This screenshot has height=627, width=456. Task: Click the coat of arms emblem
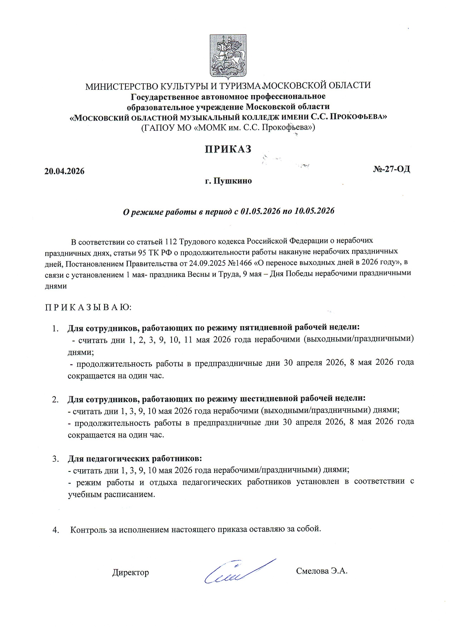[228, 57]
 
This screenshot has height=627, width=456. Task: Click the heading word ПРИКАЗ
[228, 149]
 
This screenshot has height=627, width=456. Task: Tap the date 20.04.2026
[64, 171]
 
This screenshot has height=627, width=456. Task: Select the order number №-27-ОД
[392, 169]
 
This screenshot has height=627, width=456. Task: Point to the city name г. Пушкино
[228, 181]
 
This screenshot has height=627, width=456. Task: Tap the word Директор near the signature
[131, 572]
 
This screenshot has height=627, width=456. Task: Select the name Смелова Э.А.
[322, 571]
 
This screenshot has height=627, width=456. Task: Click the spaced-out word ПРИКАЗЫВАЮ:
[88, 307]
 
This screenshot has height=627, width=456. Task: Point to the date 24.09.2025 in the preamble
[208, 263]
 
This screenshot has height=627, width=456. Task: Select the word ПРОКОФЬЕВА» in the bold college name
[358, 117]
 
